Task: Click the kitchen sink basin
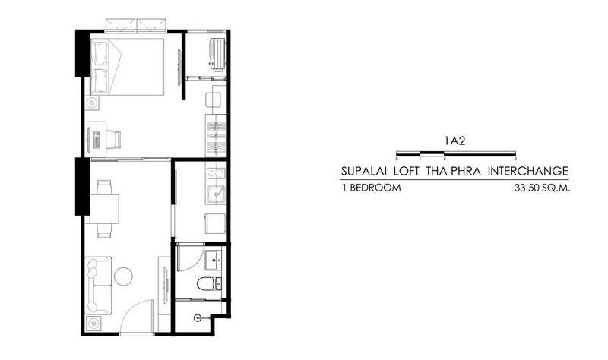point(216,194)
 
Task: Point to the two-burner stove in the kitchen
point(216,173)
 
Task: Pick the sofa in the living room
point(98,286)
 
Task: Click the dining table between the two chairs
point(104,209)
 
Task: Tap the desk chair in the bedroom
point(113,139)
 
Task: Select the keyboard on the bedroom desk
point(97,140)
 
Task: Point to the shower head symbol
point(198,317)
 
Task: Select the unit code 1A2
point(455,141)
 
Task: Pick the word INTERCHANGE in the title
point(527,171)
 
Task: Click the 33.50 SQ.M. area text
point(542,188)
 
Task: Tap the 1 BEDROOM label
point(371,188)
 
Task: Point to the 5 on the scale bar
point(516,159)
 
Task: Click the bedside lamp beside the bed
point(92,103)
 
